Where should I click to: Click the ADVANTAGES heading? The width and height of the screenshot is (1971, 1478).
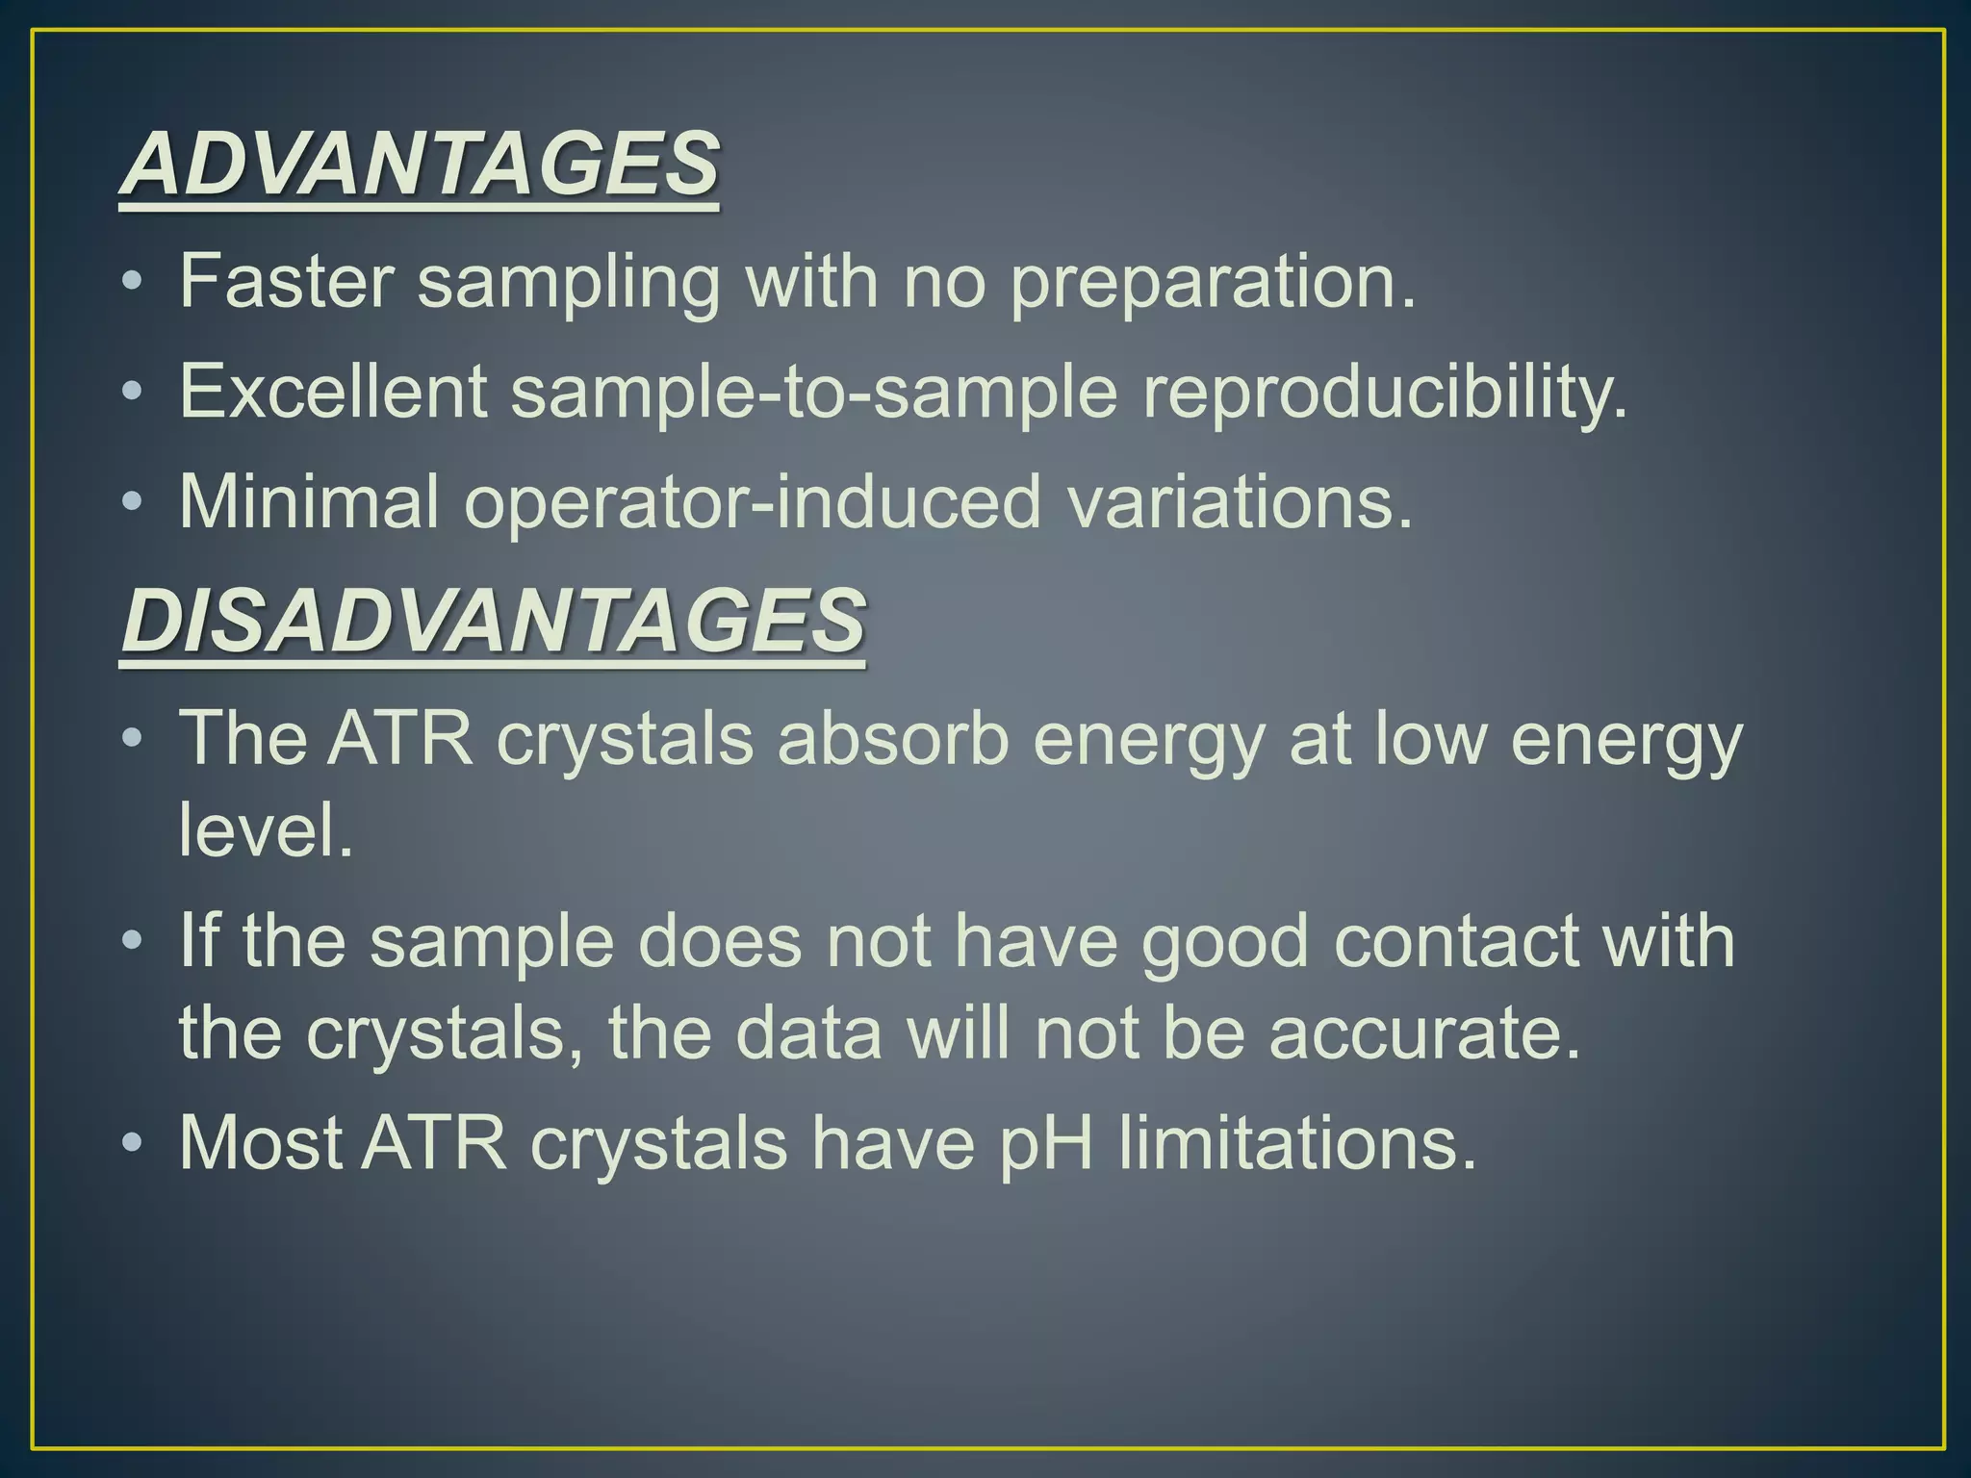click(x=419, y=164)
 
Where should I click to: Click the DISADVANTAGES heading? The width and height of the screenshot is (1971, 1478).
click(x=493, y=622)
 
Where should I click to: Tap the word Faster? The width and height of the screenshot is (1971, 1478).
click(x=287, y=281)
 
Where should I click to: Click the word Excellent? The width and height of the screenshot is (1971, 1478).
click(x=334, y=392)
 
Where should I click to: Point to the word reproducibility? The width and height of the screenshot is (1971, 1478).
click(x=1385, y=394)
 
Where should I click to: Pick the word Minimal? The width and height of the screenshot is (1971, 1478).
click(x=309, y=501)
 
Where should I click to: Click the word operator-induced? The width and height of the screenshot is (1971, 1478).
click(x=753, y=502)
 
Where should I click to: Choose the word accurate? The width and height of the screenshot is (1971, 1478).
click(x=1424, y=1033)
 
